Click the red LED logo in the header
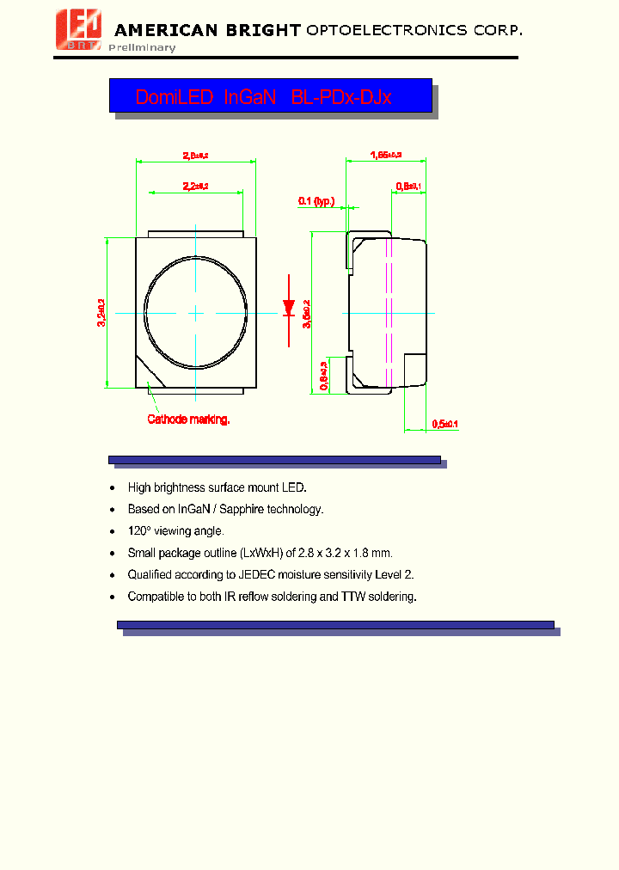[x=79, y=30]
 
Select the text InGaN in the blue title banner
[x=249, y=97]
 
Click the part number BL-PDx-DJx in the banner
[x=341, y=97]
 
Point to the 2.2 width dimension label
[x=196, y=186]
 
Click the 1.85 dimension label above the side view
[x=386, y=155]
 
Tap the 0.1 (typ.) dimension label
[x=316, y=201]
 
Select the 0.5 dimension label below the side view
[x=445, y=424]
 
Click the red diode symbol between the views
[x=289, y=306]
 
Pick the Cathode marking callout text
[x=188, y=420]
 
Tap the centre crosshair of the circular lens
[x=196, y=314]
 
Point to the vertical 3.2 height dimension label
[x=101, y=315]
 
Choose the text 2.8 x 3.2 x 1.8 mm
[x=344, y=553]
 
